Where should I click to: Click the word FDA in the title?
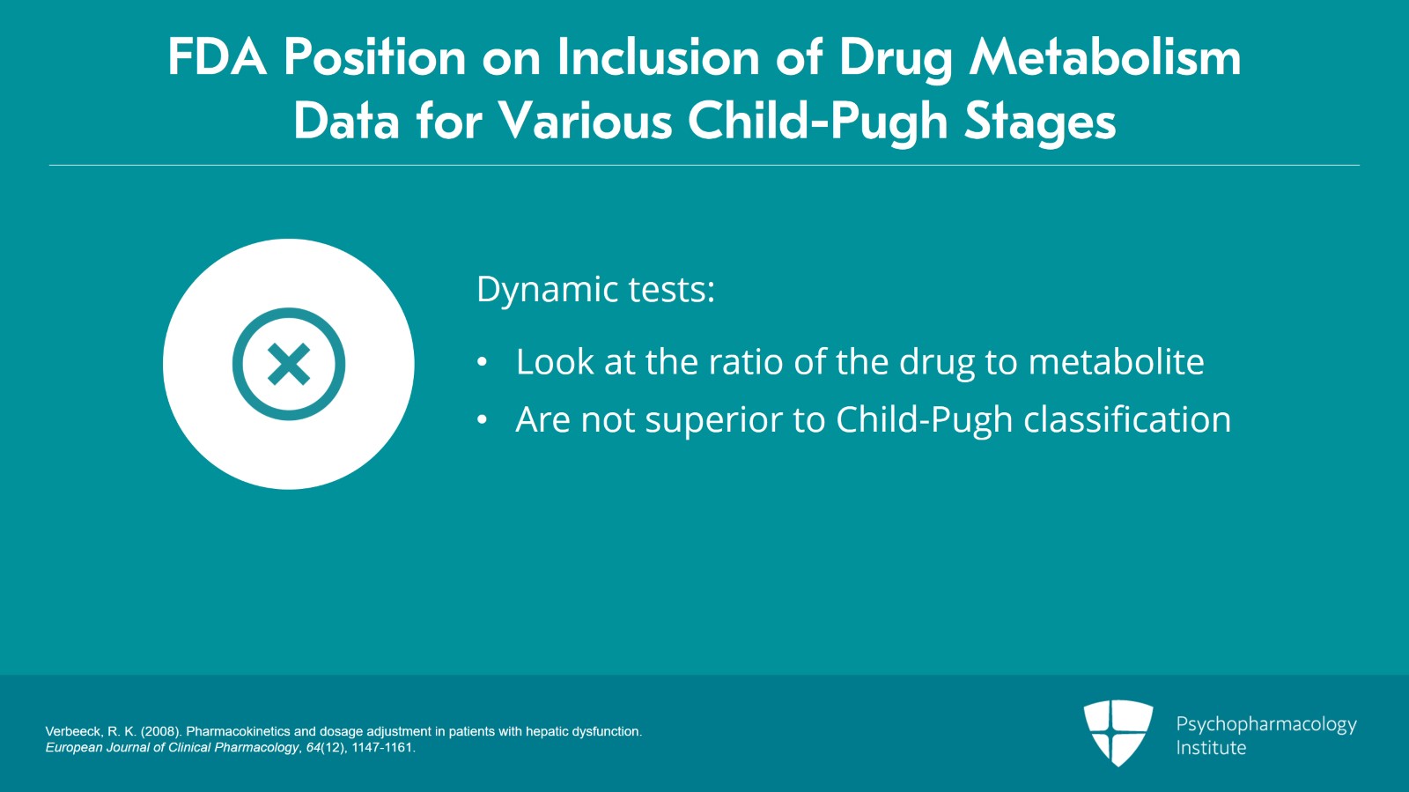(217, 58)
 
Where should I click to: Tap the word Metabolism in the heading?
(1105, 58)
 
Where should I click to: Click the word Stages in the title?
(1040, 122)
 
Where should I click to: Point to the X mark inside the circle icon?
(289, 364)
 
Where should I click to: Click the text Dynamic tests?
(595, 290)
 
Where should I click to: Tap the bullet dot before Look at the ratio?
(482, 362)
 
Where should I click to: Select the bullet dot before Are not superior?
(482, 420)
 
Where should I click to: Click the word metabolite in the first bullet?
(1116, 362)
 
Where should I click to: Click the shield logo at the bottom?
(1118, 732)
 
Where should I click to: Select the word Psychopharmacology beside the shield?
(1266, 724)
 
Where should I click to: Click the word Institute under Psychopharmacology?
(1211, 748)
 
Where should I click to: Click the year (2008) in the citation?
(161, 731)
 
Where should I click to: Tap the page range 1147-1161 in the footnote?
(382, 748)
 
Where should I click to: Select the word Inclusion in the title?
(658, 58)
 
